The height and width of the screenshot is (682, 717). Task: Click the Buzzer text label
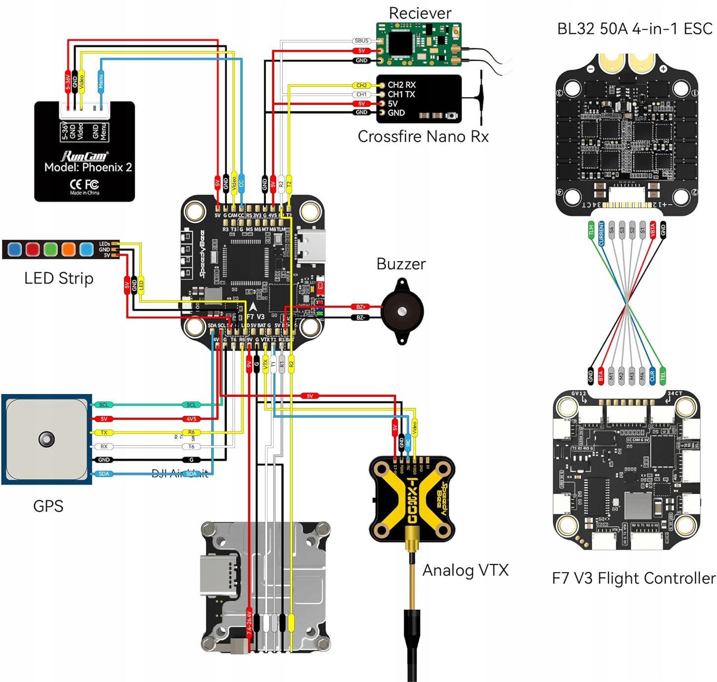(x=401, y=264)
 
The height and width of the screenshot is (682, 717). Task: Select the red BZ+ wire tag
(x=361, y=307)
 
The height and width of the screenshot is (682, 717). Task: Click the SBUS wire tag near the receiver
(x=361, y=41)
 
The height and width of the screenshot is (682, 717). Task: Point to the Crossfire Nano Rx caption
(x=423, y=137)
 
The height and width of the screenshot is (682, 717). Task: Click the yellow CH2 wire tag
(x=361, y=85)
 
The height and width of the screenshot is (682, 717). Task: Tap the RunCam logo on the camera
(x=84, y=156)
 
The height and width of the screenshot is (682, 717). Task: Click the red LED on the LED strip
(x=33, y=249)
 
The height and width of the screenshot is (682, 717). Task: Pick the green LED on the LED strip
(x=50, y=249)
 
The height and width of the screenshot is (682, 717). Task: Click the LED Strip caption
(x=59, y=278)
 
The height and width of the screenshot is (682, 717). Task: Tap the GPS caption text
(x=48, y=506)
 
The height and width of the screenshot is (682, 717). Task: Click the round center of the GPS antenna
(x=46, y=439)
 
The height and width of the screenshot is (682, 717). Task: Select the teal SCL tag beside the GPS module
(x=104, y=405)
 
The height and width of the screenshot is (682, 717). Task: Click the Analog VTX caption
(x=465, y=570)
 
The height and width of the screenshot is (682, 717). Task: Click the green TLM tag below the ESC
(x=591, y=230)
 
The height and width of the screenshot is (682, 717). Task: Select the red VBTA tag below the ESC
(x=653, y=230)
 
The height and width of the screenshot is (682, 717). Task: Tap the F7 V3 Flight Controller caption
(x=633, y=578)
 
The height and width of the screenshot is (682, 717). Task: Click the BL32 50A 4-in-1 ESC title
(x=635, y=29)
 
